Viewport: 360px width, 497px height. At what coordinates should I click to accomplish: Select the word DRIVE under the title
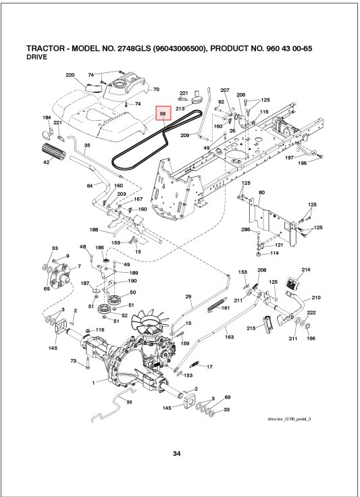36,59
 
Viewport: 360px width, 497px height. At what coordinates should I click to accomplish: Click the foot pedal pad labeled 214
295,282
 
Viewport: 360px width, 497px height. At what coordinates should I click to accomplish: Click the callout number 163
230,336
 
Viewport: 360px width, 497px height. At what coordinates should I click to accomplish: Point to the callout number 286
246,230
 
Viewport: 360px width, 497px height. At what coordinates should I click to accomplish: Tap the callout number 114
275,253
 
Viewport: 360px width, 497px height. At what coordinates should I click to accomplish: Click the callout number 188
95,230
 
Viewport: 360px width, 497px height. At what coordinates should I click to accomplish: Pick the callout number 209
184,136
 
